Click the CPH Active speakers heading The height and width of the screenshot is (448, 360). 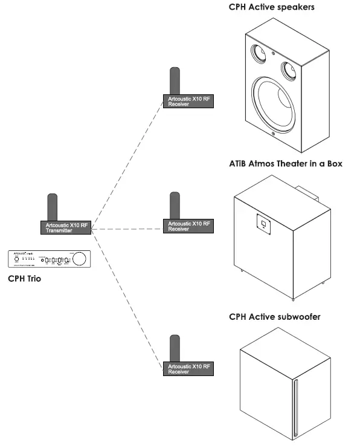pos(272,8)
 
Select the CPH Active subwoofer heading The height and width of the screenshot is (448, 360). pos(274,316)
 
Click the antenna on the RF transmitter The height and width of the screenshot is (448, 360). pos(53,207)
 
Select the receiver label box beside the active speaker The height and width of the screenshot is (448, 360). pos(188,101)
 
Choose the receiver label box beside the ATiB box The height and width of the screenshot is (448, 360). pos(188,226)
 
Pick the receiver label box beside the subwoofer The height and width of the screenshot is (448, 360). pos(188,369)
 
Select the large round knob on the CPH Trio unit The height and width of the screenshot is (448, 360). pos(79,259)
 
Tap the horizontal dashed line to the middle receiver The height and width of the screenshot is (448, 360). pos(127,228)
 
